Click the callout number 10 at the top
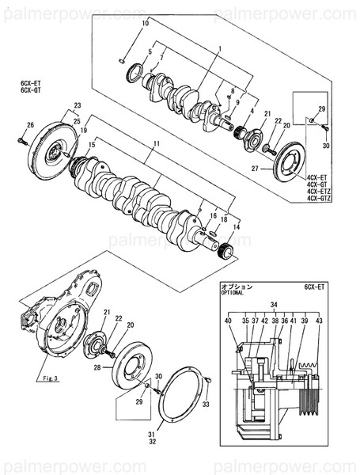click(145, 25)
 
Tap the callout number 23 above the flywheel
click(78, 105)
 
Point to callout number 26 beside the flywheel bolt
click(30, 125)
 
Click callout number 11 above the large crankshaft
click(157, 142)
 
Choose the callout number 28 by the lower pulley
click(97, 368)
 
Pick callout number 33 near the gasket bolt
click(207, 405)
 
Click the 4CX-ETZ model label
click(319, 192)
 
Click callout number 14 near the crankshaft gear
click(235, 227)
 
